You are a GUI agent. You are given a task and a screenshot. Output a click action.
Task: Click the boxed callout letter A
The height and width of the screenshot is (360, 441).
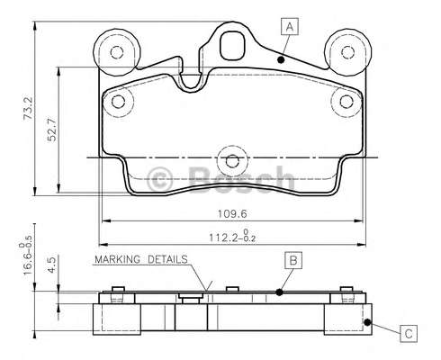(x=290, y=27)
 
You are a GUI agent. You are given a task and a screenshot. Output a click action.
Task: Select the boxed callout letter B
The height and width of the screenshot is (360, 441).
(x=293, y=260)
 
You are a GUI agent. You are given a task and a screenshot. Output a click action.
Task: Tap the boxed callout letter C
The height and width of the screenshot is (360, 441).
(x=409, y=334)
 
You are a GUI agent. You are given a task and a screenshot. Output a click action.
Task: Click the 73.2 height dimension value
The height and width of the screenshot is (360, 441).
(x=29, y=108)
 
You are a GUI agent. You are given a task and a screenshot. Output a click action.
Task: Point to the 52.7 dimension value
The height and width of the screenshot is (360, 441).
(x=52, y=130)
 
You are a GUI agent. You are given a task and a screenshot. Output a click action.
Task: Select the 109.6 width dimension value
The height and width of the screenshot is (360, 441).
(x=232, y=214)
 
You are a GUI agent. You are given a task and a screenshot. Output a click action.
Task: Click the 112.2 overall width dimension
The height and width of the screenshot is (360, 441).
(x=232, y=237)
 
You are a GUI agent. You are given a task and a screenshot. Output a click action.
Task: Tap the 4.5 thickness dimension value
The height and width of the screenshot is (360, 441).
(x=52, y=264)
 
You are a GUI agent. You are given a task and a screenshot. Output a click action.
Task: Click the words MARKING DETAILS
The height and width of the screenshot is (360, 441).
(x=141, y=259)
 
